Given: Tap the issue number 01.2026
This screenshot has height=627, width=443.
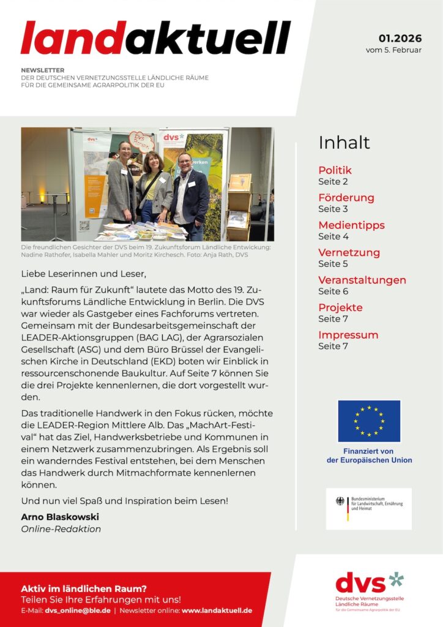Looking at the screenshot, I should [400, 39].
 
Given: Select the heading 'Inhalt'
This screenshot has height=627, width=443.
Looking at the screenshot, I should [344, 143].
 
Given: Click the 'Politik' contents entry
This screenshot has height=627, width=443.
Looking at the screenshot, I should [335, 170].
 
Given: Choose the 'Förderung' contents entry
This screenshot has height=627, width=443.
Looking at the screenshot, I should [346, 198].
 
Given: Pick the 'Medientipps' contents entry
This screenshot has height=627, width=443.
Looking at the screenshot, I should [351, 225].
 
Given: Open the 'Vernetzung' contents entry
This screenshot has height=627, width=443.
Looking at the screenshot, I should [349, 252].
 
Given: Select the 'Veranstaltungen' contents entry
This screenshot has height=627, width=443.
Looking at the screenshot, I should [362, 280].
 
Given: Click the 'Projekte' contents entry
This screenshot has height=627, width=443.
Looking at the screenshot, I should [340, 307].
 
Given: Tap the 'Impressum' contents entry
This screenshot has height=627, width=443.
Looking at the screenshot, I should [348, 335].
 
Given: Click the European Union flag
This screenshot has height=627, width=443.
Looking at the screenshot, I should [369, 421].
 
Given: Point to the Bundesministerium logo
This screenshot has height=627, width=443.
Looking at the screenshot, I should [368, 508].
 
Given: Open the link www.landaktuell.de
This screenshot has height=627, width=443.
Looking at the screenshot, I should [217, 611].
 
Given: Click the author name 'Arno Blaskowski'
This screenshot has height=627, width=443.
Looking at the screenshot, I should [60, 517].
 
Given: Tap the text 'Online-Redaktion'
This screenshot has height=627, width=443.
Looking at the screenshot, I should [61, 529].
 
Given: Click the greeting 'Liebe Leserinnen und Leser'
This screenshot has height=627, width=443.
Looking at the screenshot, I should [84, 273].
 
